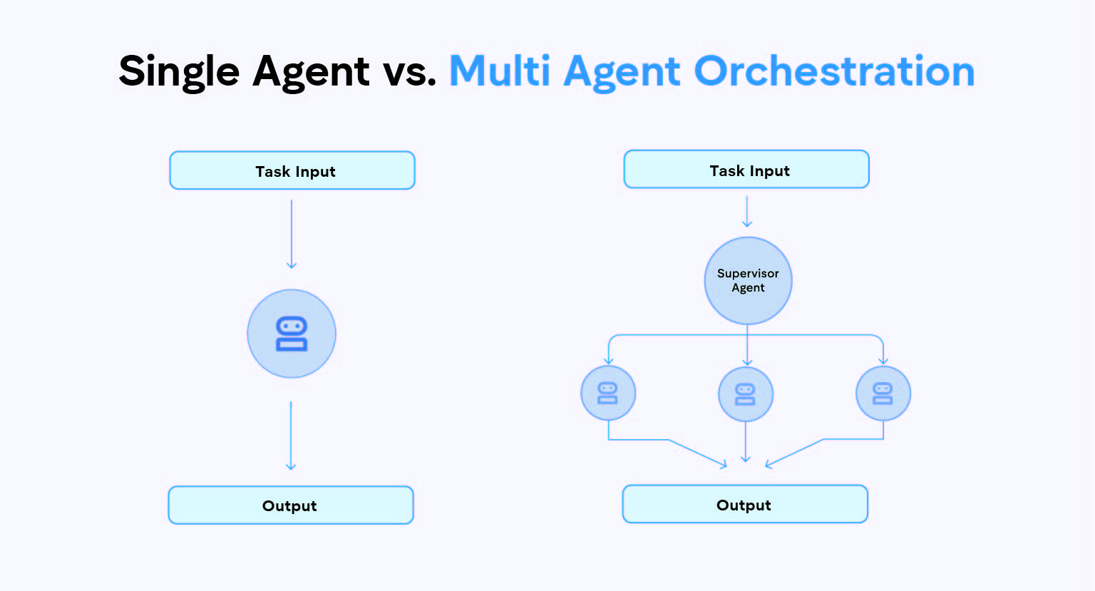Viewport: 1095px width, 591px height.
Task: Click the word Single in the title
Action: click(179, 72)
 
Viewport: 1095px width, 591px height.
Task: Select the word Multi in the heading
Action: click(500, 71)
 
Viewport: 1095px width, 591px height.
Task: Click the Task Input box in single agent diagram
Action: click(292, 170)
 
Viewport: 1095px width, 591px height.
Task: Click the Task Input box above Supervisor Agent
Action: click(746, 169)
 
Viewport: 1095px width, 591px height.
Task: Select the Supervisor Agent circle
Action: click(748, 281)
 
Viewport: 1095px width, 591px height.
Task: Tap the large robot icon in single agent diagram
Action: click(292, 334)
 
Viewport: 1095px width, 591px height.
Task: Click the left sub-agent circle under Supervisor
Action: click(608, 393)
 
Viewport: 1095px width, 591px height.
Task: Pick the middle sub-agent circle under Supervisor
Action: click(746, 394)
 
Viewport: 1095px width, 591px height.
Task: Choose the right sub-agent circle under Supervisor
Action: click(883, 394)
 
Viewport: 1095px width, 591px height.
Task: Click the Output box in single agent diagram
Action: click(291, 505)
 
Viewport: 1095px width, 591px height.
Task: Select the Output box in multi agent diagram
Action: click(745, 504)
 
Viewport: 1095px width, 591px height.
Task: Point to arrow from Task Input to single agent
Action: click(292, 234)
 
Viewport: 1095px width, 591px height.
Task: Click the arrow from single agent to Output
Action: click(291, 436)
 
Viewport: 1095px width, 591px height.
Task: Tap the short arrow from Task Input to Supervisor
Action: click(747, 212)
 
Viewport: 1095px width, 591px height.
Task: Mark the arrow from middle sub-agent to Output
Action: click(746, 442)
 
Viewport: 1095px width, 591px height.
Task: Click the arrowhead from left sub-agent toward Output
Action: click(723, 464)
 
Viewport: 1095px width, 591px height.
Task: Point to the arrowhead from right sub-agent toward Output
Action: click(769, 464)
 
